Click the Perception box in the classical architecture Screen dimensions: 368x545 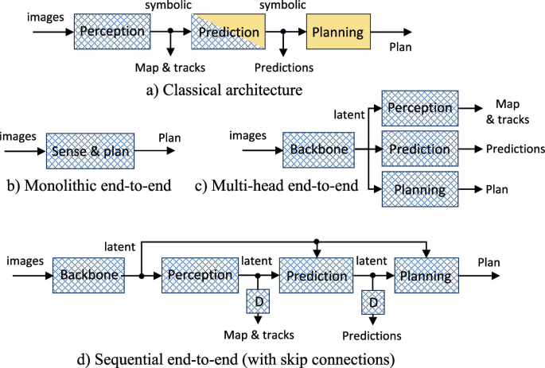coord(113,32)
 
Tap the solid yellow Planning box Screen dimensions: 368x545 coord(338,33)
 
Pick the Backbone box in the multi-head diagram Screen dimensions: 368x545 coord(317,149)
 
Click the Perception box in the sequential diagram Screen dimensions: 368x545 coord(200,276)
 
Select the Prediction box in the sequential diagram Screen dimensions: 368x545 coord(316,276)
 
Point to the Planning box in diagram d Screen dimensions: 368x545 coord(426,276)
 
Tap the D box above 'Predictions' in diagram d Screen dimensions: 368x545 coord(374,303)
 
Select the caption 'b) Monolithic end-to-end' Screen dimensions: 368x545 coord(89,188)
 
